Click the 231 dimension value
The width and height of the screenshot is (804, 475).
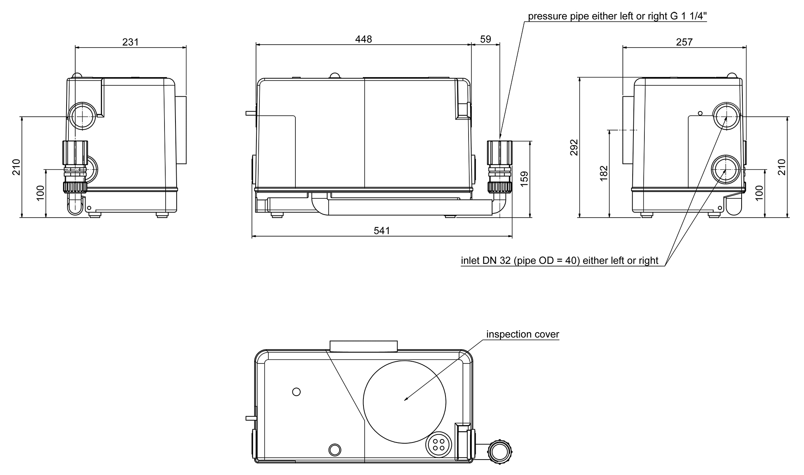click(130, 42)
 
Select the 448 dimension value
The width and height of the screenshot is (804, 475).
click(363, 39)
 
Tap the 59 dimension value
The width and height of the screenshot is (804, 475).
click(485, 39)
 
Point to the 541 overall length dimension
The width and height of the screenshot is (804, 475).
click(382, 231)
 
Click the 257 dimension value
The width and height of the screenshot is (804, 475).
click(684, 42)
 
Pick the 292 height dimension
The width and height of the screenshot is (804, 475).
click(574, 147)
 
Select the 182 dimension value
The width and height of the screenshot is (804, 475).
click(604, 173)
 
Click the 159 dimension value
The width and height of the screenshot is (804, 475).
click(525, 179)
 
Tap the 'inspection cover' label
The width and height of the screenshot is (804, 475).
click(522, 334)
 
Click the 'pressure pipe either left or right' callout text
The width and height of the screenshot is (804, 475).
click(617, 16)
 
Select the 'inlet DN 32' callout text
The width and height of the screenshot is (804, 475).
click(559, 261)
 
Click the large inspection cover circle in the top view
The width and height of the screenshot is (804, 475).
click(404, 402)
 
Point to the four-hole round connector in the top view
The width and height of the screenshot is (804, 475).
click(438, 445)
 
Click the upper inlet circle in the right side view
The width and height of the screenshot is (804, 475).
click(726, 116)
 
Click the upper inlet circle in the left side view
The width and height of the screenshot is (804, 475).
click(81, 116)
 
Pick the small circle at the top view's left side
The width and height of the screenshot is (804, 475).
click(296, 392)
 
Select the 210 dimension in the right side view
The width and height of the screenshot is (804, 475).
click(782, 167)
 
